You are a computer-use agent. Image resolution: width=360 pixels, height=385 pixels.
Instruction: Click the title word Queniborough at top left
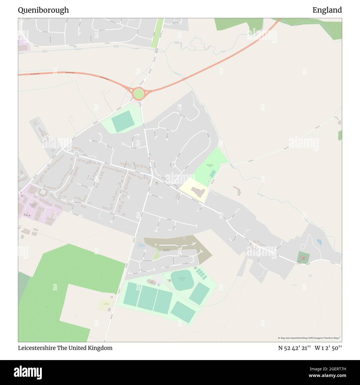click(43, 10)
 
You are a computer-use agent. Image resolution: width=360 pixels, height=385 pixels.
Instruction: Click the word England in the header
click(327, 10)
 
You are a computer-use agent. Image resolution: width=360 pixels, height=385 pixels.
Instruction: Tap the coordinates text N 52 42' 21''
click(294, 348)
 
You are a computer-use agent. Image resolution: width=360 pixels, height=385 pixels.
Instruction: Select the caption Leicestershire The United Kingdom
click(65, 348)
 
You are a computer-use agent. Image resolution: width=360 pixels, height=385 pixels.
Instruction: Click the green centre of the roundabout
click(138, 94)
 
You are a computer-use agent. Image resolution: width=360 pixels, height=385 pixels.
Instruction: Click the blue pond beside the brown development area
click(141, 245)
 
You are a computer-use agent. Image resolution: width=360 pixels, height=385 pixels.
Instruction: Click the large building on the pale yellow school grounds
click(198, 191)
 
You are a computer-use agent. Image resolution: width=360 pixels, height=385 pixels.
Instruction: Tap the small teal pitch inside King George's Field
click(213, 174)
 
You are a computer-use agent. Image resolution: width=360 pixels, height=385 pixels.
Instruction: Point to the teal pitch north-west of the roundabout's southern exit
click(123, 121)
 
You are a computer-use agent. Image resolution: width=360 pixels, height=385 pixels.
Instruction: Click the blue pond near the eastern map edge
click(319, 242)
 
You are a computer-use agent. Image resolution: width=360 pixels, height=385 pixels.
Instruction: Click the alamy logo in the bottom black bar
click(28, 372)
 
